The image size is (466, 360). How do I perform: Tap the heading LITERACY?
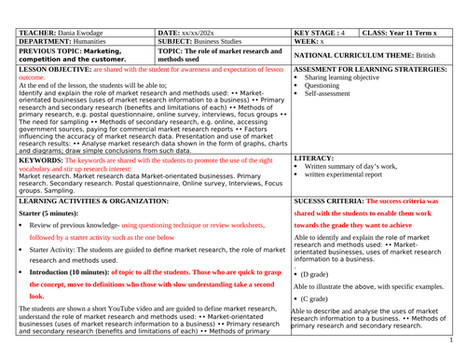313,159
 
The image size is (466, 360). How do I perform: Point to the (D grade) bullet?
322,276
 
